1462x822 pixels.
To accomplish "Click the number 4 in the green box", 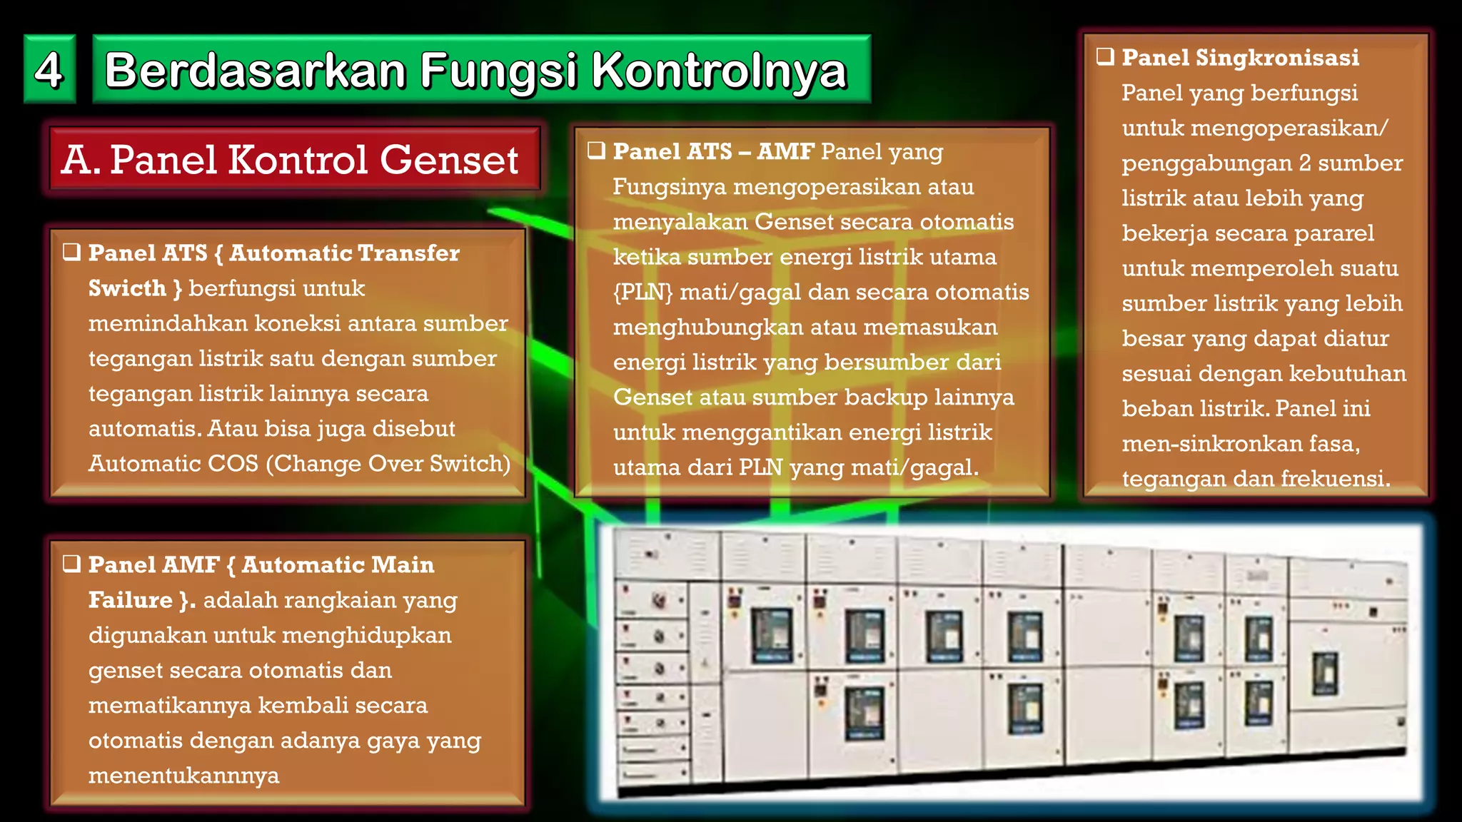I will click(49, 70).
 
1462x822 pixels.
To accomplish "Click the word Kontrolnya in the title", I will click(719, 71).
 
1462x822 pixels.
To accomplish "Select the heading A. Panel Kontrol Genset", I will click(290, 159).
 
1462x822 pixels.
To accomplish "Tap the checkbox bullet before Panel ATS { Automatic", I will click(71, 252).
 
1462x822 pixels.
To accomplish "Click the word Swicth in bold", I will click(127, 288).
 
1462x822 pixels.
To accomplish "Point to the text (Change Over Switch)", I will click(388, 464).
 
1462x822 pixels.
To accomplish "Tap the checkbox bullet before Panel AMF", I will click(71, 564).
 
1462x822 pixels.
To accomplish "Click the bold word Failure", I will click(131, 600).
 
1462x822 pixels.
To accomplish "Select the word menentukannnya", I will click(183, 776).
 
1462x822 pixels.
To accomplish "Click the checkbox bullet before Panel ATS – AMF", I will click(596, 151).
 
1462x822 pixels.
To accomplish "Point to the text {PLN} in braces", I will click(642, 292).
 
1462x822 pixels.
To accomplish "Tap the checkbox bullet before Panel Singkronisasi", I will click(1105, 56).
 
